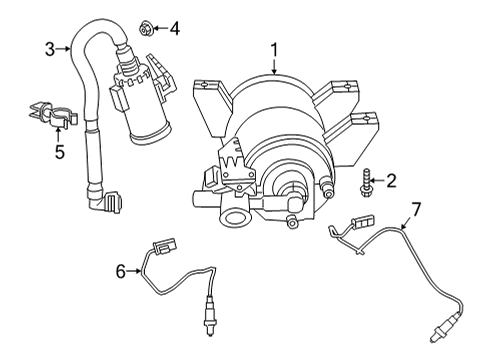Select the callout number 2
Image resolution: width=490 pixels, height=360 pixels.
391,181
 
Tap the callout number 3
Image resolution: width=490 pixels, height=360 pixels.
48,47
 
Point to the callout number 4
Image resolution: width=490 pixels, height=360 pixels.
174,28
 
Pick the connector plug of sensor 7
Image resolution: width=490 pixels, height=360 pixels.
358,223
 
